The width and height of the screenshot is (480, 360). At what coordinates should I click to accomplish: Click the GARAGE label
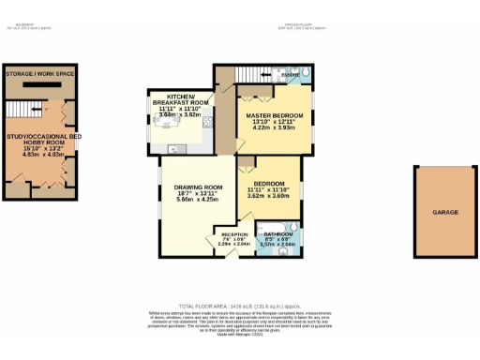coord(445,213)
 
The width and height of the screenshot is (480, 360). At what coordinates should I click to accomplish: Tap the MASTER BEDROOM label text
coord(272,115)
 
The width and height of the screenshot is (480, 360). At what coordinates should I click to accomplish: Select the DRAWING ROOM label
coord(196,187)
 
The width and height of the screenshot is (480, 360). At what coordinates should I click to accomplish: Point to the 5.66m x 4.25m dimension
coord(196,202)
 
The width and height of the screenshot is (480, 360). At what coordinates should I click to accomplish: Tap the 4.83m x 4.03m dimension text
coord(38,154)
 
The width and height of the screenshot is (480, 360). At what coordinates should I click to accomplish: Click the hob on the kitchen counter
coord(173,148)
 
